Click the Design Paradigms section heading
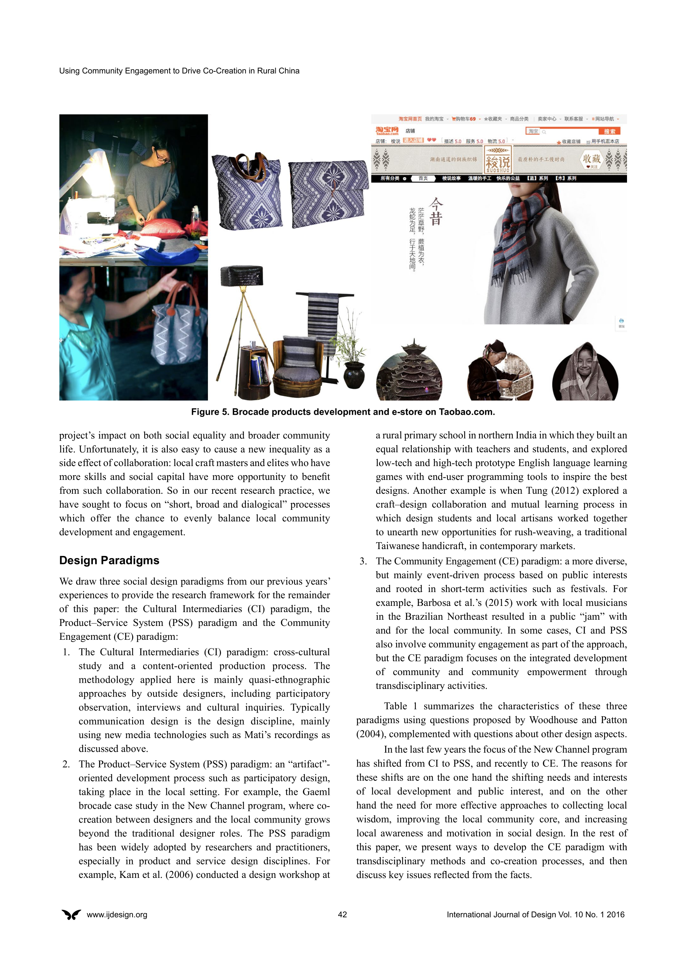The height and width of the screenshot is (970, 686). click(x=109, y=560)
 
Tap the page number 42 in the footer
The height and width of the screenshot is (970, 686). click(x=343, y=914)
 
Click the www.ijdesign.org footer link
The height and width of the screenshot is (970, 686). click(x=117, y=914)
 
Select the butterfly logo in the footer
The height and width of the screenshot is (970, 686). click(x=71, y=914)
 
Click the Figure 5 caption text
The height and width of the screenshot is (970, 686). click(x=343, y=412)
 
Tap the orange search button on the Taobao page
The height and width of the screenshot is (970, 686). click(x=609, y=131)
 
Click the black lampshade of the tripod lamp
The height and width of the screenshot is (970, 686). click(x=242, y=276)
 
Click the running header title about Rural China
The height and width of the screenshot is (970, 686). click(x=179, y=71)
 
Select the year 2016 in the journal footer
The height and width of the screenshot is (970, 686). click(x=615, y=914)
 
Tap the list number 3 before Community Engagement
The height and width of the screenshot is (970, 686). click(x=363, y=561)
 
